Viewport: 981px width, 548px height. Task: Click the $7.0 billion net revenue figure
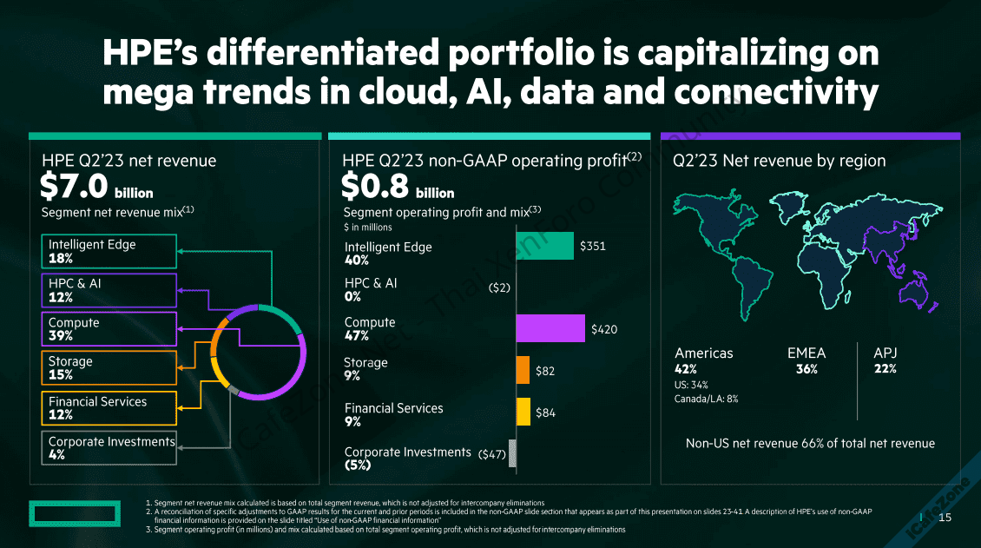click(96, 186)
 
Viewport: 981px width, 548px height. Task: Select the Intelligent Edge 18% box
click(112, 251)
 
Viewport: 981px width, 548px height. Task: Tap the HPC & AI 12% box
click(112, 290)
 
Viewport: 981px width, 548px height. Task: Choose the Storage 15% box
click(112, 368)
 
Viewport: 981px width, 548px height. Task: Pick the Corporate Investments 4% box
click(112, 447)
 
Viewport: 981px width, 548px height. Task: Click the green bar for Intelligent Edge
click(544, 246)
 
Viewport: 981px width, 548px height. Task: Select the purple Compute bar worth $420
click(550, 328)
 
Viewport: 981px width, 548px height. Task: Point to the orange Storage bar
click(523, 370)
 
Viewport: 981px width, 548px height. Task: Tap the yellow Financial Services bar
click(523, 412)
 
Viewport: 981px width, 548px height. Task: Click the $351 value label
click(593, 247)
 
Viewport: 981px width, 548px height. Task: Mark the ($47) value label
click(492, 454)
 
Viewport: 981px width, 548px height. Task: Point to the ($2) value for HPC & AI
click(499, 287)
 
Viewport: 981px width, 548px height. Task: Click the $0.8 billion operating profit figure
click(398, 186)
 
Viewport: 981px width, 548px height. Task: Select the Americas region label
click(703, 353)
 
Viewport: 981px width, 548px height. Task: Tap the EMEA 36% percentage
click(807, 369)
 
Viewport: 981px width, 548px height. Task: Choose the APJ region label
click(886, 353)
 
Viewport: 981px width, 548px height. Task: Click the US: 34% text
click(691, 385)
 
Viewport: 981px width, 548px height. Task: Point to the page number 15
click(945, 518)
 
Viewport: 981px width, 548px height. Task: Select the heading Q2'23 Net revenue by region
click(779, 161)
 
